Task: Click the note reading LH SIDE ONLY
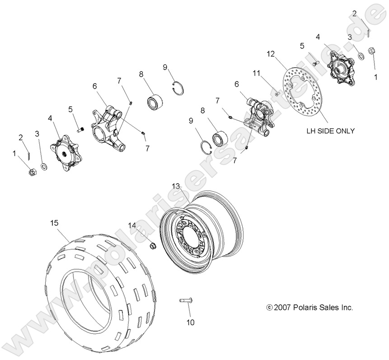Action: tap(330, 131)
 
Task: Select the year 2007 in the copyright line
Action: tap(284, 308)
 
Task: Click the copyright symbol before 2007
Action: tap(270, 308)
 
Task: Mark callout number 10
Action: tap(190, 322)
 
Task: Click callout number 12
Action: tap(270, 54)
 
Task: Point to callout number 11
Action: tap(257, 73)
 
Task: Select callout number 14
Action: tap(131, 225)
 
